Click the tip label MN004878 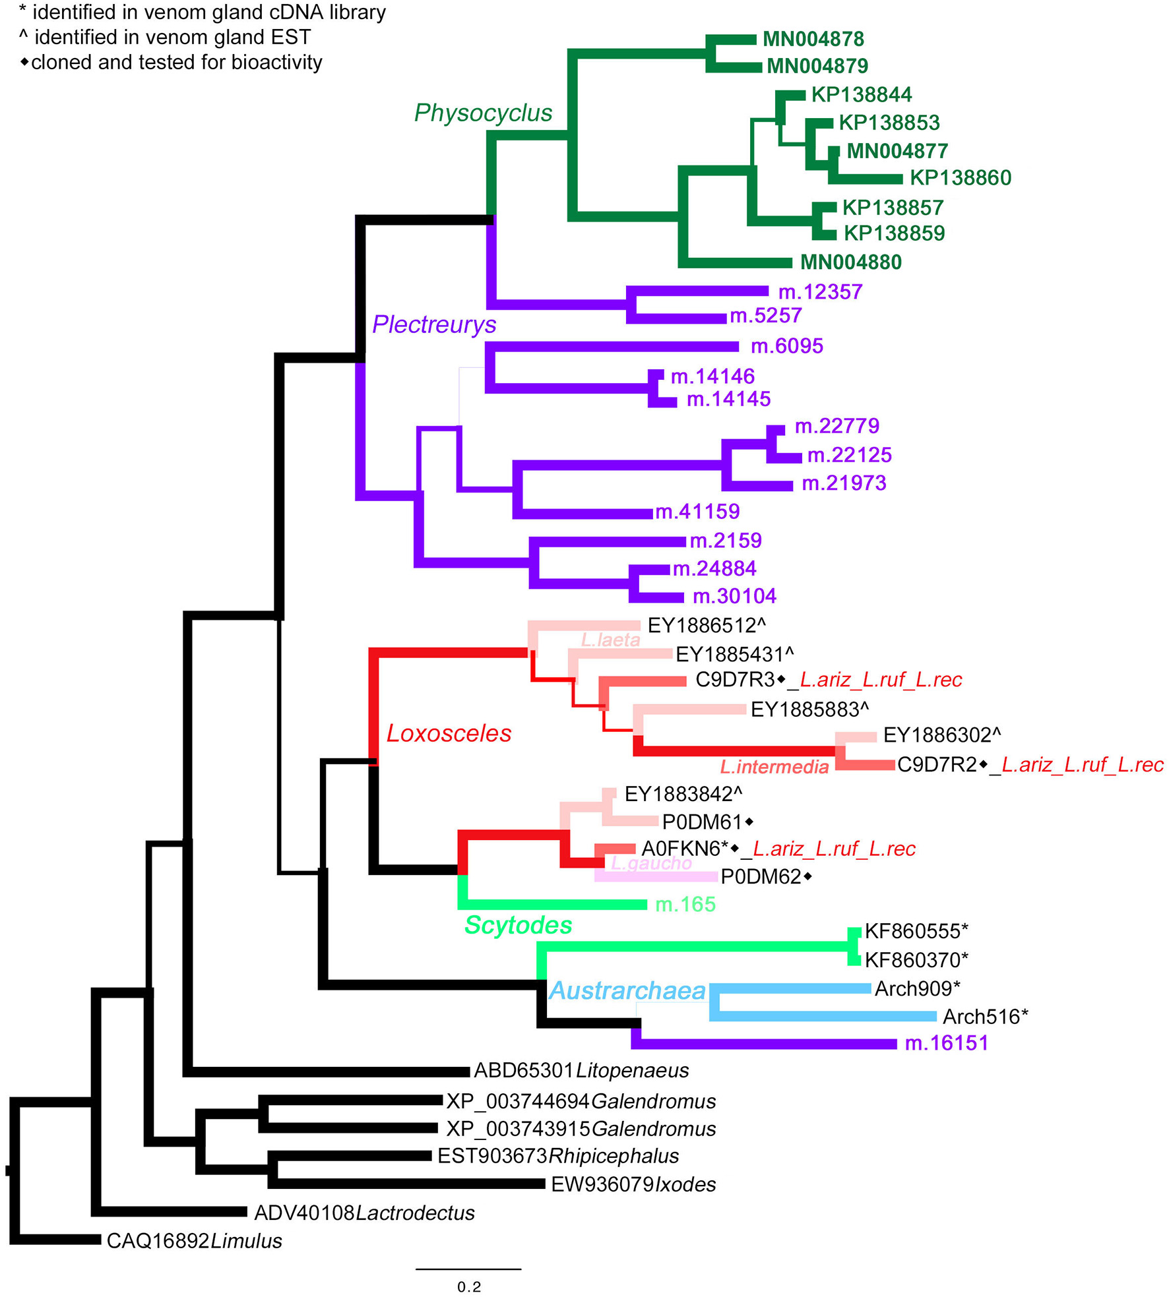(813, 39)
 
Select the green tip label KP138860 (960, 178)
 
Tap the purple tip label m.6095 (786, 346)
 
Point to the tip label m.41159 (697, 512)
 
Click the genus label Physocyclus (483, 113)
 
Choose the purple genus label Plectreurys (434, 324)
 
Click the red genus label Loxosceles (449, 733)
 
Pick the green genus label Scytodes (518, 925)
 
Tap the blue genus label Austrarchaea (627, 990)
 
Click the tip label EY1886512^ (707, 626)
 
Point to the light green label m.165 (685, 904)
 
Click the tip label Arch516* (985, 1017)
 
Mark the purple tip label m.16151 (946, 1043)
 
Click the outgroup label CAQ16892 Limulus (194, 1241)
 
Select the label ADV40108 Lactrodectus (364, 1213)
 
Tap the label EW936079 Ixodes (633, 1184)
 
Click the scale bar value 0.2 (468, 1286)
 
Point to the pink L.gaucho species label (651, 863)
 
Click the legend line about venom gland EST (165, 38)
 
